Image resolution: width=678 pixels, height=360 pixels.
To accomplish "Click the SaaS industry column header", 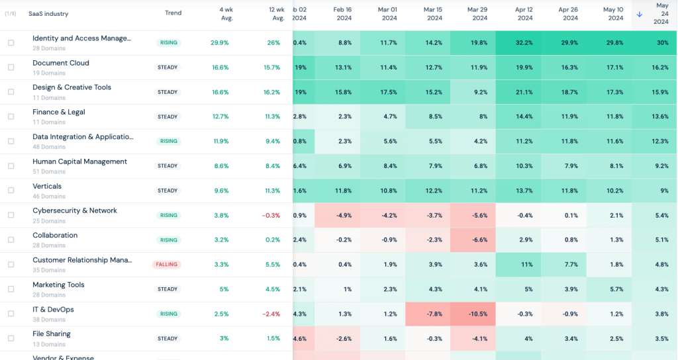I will (x=48, y=13).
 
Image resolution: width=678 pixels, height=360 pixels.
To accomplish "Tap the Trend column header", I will (x=173, y=13).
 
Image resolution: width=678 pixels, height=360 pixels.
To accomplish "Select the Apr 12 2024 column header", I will (x=523, y=14).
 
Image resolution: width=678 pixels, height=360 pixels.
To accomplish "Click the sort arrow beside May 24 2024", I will (x=639, y=14).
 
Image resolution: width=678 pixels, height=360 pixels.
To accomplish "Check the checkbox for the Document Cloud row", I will (x=11, y=67).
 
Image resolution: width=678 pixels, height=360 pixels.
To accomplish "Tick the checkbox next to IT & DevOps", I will (x=11, y=314).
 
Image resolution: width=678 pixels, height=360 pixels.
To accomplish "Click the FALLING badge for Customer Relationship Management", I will (x=167, y=265).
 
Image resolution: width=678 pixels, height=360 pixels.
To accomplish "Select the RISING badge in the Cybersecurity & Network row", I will (x=168, y=215).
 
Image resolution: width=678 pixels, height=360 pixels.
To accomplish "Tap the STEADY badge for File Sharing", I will (x=168, y=339).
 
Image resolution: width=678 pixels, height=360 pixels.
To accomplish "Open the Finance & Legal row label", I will (x=59, y=112).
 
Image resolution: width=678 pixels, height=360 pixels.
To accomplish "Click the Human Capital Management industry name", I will (x=79, y=161).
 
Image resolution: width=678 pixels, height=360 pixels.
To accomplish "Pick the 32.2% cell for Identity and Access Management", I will (x=524, y=42).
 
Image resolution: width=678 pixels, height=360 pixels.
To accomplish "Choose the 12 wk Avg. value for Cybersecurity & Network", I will (x=269, y=215).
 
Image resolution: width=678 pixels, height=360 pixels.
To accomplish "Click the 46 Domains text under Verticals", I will (x=49, y=197).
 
